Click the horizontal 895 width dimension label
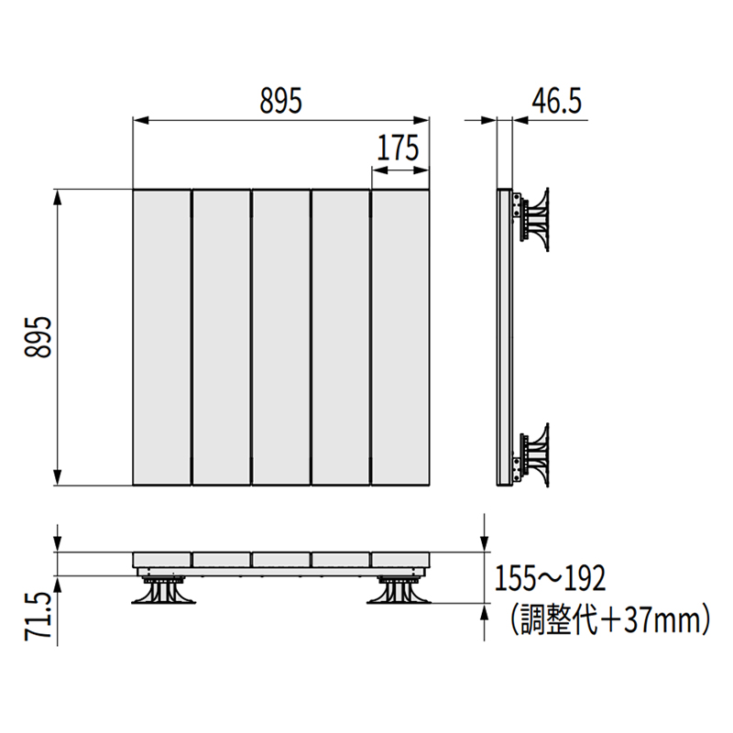(279, 101)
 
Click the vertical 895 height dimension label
(36, 337)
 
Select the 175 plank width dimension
(398, 147)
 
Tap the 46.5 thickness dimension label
(557, 101)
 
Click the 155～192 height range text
(550, 579)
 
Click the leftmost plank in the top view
(160, 337)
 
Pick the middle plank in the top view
(280, 337)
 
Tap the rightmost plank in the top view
(399, 337)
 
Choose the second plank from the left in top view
(220, 337)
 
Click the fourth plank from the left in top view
(340, 337)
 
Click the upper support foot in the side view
(535, 218)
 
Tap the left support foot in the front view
(165, 591)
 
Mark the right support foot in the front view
(397, 591)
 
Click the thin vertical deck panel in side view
(503, 337)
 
